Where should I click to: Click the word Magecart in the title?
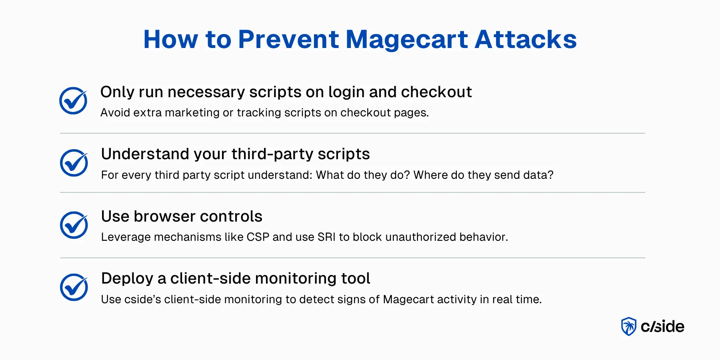pyautogui.click(x=406, y=40)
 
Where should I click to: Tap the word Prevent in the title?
pyautogui.click(x=288, y=40)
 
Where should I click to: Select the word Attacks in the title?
pyautogui.click(x=526, y=40)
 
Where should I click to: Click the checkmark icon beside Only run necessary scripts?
pyautogui.click(x=73, y=101)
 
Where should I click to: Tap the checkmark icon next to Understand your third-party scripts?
pyautogui.click(x=74, y=163)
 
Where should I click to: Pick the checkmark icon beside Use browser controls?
pyautogui.click(x=74, y=225)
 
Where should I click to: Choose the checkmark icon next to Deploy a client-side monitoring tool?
pyautogui.click(x=74, y=287)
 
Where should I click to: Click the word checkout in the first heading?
pyautogui.click(x=436, y=92)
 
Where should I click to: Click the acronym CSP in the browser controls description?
pyautogui.click(x=258, y=237)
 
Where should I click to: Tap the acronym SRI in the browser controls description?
pyautogui.click(x=326, y=237)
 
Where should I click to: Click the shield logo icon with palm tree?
pyautogui.click(x=629, y=326)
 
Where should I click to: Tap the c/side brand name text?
pyautogui.click(x=662, y=326)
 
